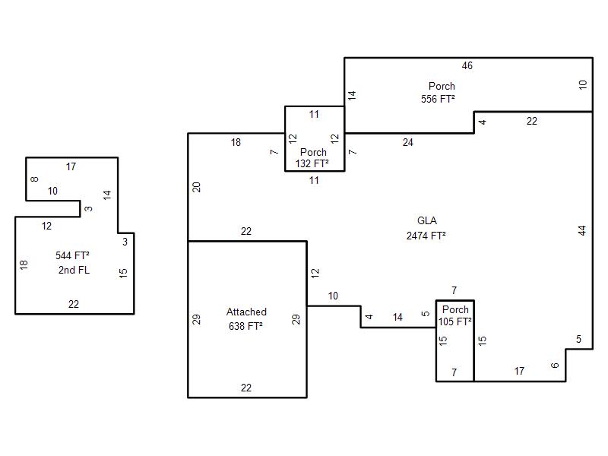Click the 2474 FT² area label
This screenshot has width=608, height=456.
click(426, 236)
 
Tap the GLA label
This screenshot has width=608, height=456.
click(426, 221)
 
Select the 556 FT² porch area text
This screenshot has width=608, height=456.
click(438, 99)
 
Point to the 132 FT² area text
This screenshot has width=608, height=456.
click(312, 163)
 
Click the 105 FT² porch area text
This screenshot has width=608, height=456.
click(455, 321)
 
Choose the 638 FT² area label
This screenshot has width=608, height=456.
click(245, 326)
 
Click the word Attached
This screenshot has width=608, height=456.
click(246, 312)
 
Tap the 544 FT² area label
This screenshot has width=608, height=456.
click(73, 255)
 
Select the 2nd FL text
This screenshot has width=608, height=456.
click(74, 270)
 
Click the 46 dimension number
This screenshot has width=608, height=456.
click(467, 66)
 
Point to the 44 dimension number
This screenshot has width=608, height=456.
click(582, 230)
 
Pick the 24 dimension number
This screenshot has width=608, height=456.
click(408, 142)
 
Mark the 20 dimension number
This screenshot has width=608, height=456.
click(197, 187)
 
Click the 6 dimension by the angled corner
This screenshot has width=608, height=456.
click(556, 366)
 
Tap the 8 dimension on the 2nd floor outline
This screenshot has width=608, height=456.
click(35, 179)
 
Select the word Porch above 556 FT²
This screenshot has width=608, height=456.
click(442, 86)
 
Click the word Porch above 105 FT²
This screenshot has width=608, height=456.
click(455, 309)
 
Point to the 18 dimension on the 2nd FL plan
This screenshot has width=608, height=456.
click(24, 264)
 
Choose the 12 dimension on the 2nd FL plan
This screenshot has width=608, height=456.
click(47, 226)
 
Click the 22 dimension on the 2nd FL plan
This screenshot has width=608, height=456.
click(74, 304)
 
